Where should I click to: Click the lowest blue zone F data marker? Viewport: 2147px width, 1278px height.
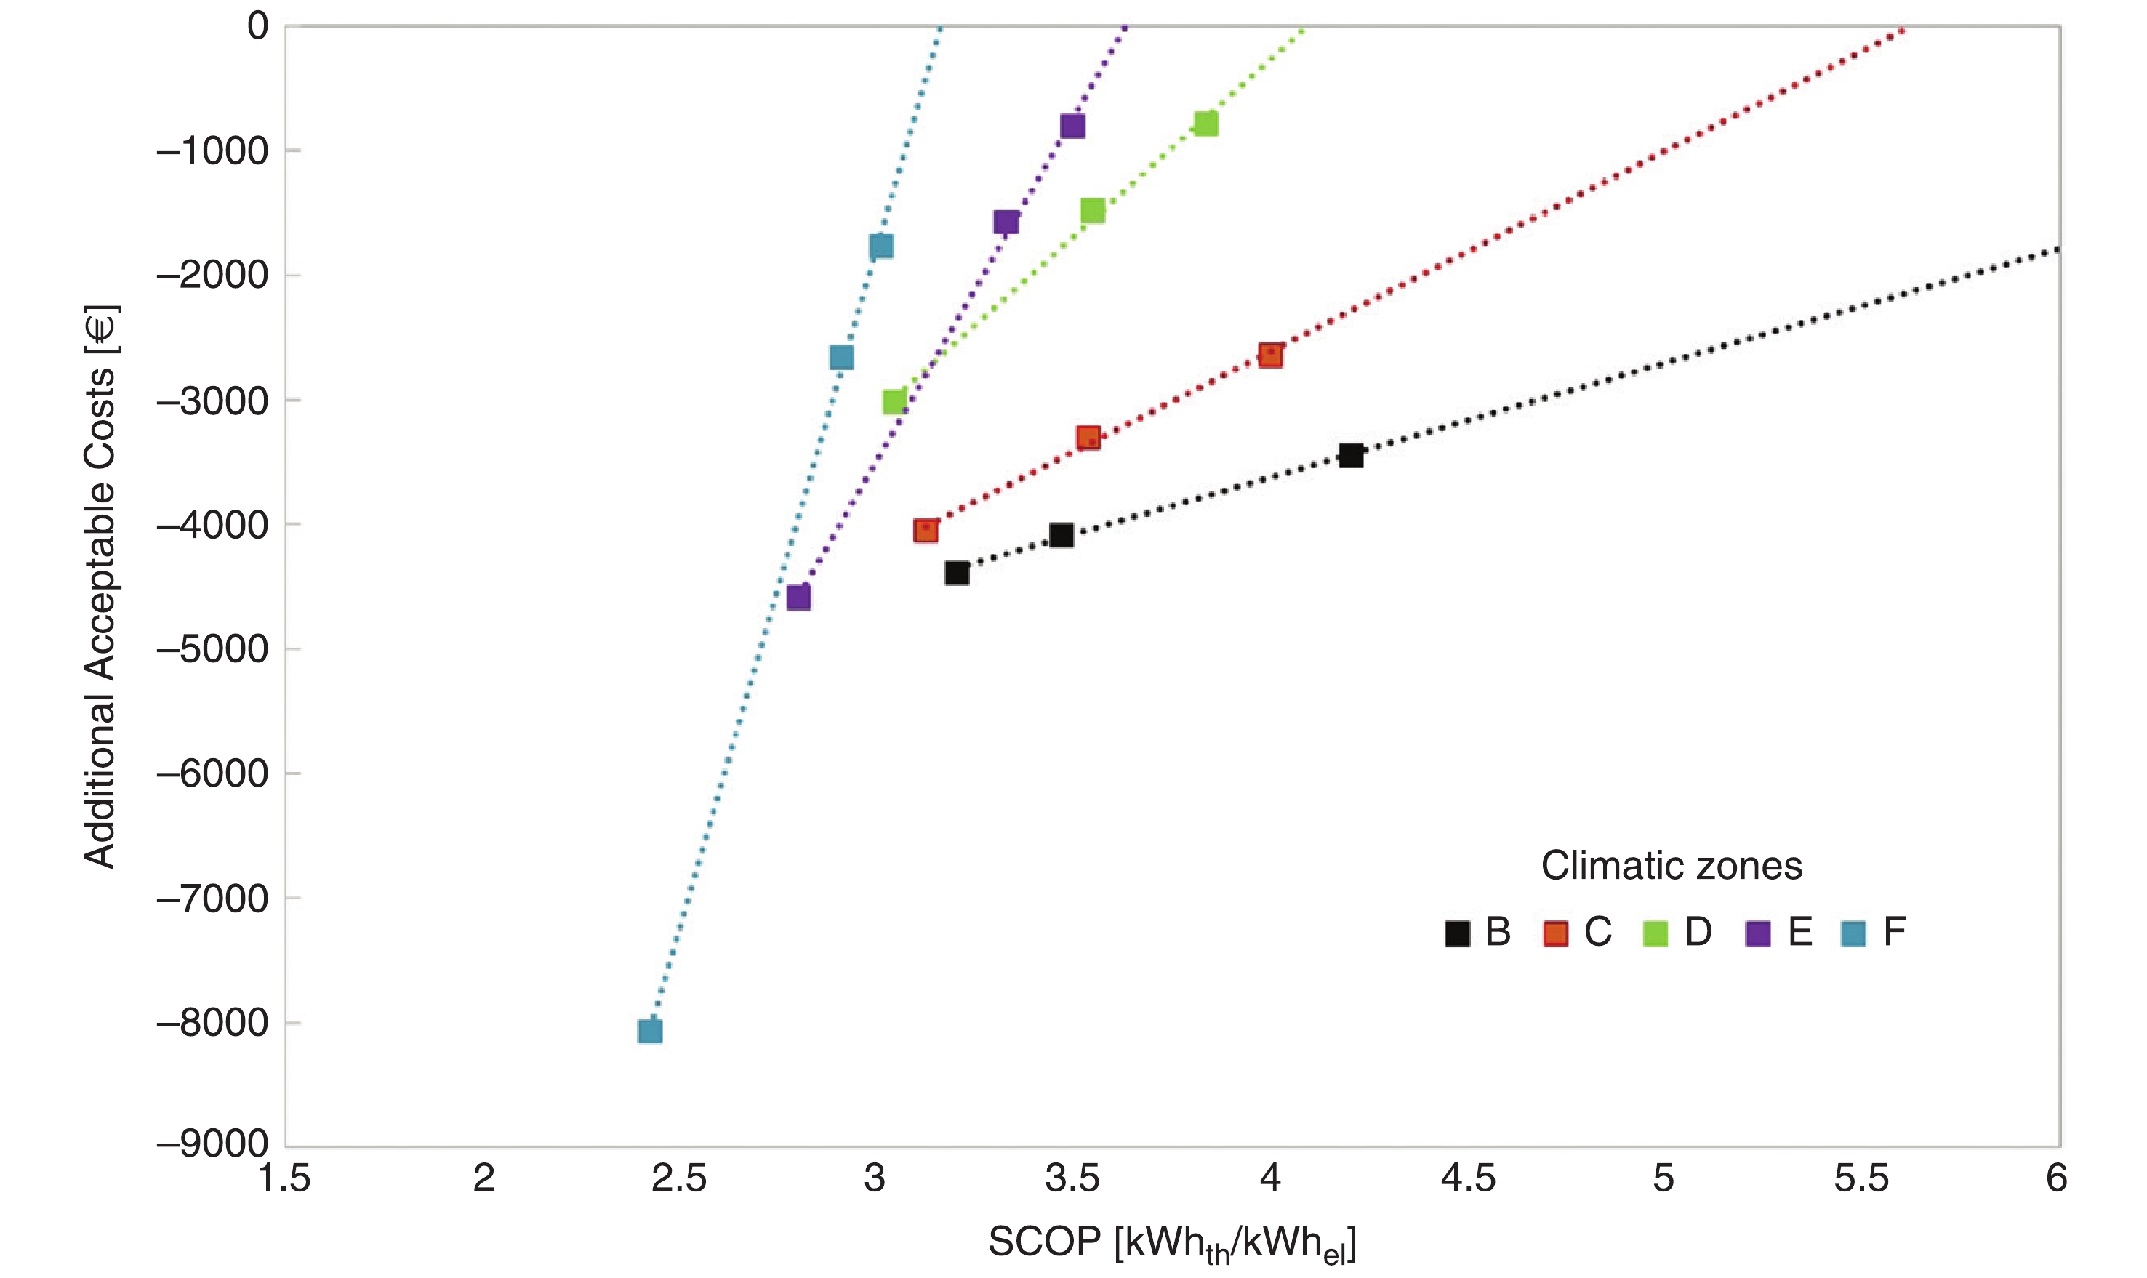click(x=649, y=1031)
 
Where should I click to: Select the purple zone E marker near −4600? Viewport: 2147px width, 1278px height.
click(x=798, y=597)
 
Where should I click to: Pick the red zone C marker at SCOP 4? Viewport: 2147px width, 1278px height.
click(x=1270, y=355)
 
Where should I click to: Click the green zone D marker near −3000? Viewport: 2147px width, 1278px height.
click(x=894, y=401)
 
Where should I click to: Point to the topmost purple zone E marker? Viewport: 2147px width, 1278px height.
click(x=1072, y=126)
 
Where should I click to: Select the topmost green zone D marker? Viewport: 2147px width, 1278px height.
click(x=1205, y=124)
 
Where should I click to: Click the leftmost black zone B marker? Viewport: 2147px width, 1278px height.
click(x=957, y=573)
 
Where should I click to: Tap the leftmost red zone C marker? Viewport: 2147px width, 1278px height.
click(x=926, y=531)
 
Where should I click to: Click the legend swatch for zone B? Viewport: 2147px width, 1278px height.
click(x=1457, y=933)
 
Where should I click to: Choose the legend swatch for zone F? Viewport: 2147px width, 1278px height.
click(x=1853, y=933)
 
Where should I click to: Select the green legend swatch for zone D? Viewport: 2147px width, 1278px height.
click(x=1656, y=933)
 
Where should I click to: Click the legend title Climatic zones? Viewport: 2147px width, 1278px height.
click(x=1671, y=866)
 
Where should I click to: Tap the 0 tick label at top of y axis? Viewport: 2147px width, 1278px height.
click(x=257, y=26)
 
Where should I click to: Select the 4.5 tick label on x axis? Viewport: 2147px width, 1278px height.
click(x=1467, y=1178)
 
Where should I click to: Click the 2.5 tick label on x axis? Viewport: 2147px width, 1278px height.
click(x=678, y=1178)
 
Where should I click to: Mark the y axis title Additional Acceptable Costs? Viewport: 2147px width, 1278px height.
click(x=100, y=586)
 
